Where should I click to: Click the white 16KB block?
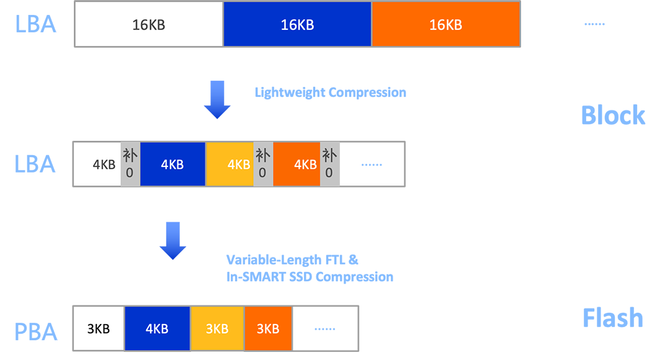tap(149, 24)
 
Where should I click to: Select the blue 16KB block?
tap(297, 24)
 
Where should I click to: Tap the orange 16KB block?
tap(445, 24)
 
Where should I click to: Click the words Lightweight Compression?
tap(330, 92)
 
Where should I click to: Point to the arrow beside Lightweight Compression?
tap(217, 99)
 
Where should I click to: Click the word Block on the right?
tap(613, 115)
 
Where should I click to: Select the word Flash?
tap(613, 318)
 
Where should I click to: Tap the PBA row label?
tap(35, 332)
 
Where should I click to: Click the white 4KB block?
tap(97, 164)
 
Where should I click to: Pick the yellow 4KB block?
tap(230, 164)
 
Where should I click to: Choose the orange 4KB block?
tap(297, 164)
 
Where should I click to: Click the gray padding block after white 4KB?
tap(130, 164)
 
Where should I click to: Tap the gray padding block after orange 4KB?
tap(329, 164)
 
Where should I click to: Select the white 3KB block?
tap(99, 328)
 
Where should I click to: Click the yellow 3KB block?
tap(217, 328)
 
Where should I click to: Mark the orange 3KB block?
tap(268, 328)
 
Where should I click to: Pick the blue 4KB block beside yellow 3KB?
tap(157, 328)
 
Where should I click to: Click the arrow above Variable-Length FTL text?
tap(172, 241)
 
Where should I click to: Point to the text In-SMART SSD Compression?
tap(310, 277)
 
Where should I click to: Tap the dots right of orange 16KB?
tap(594, 24)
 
